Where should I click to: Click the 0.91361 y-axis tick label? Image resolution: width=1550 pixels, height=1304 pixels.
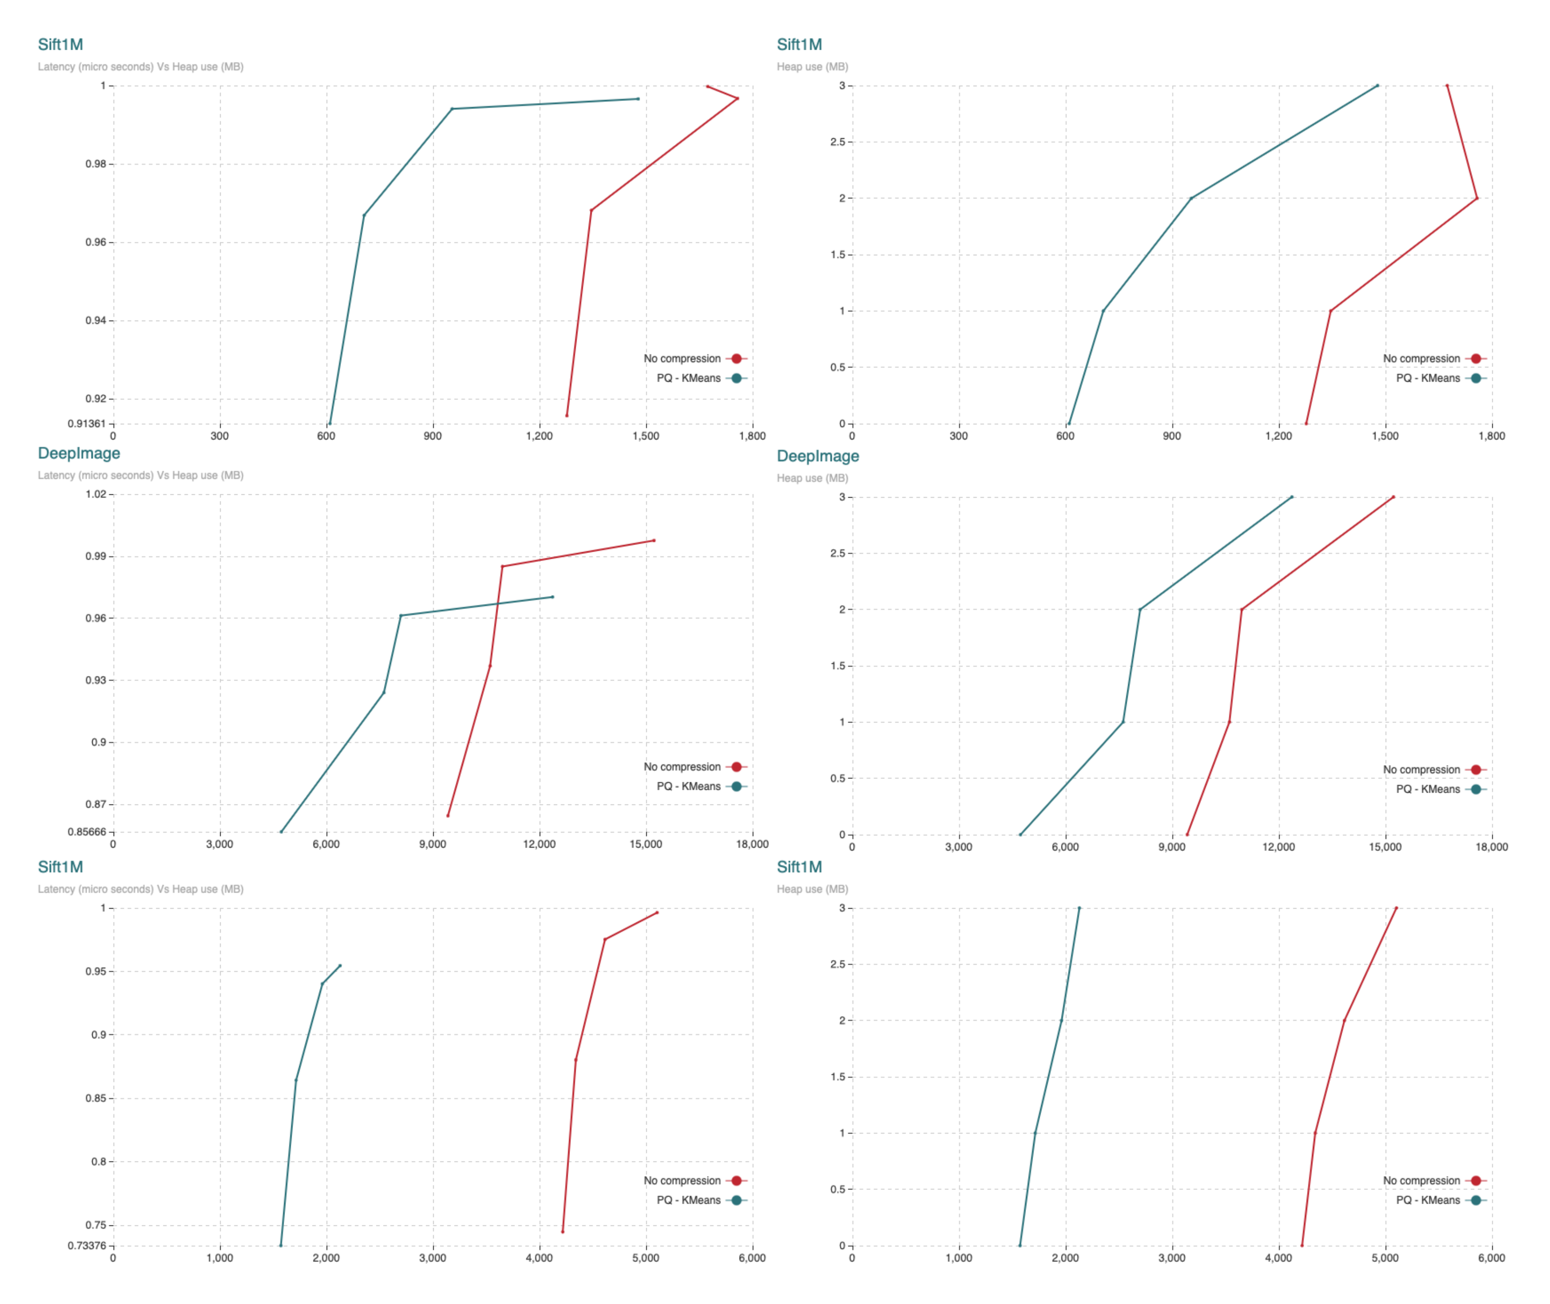click(x=87, y=424)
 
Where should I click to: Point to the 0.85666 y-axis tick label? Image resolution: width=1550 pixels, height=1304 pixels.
click(x=87, y=831)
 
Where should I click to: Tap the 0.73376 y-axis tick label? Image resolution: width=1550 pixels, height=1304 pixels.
click(x=87, y=1246)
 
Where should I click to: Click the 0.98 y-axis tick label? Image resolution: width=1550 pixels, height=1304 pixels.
click(x=95, y=163)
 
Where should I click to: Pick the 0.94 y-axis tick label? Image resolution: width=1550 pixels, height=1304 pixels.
click(x=95, y=320)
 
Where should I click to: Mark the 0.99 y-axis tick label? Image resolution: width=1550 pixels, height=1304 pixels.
click(x=95, y=556)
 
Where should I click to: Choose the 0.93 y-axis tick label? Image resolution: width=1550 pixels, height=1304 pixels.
click(x=95, y=679)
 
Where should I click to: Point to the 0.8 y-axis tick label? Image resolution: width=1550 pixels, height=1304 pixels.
click(x=98, y=1161)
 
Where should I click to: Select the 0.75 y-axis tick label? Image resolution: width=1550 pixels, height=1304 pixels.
click(x=95, y=1225)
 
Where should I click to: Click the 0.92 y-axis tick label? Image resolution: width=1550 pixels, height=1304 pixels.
click(x=95, y=399)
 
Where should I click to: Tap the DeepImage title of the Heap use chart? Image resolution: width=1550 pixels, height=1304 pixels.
click(x=818, y=456)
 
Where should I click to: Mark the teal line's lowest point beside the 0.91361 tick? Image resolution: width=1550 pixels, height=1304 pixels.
click(x=330, y=424)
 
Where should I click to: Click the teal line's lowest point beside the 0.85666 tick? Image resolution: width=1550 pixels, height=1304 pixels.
click(x=281, y=831)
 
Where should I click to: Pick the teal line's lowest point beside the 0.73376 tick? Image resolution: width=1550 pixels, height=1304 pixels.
click(x=281, y=1246)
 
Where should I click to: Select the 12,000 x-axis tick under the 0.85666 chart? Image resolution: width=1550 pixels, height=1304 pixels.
click(x=539, y=844)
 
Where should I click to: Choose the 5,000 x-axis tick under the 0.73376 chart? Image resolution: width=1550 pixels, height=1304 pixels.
click(x=645, y=1258)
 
